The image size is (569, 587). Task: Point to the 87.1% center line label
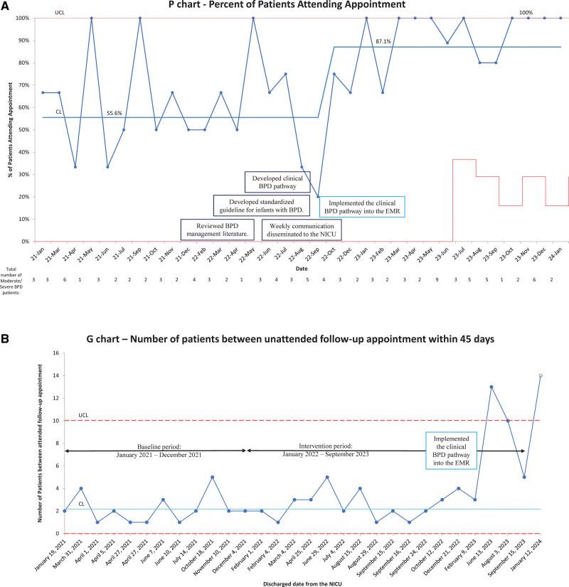[385, 43]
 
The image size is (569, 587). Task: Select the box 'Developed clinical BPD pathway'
[275, 182]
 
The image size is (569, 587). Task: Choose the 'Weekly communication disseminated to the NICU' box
[302, 229]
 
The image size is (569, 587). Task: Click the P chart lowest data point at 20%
[318, 197]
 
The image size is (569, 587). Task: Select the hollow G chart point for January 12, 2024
[540, 375]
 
